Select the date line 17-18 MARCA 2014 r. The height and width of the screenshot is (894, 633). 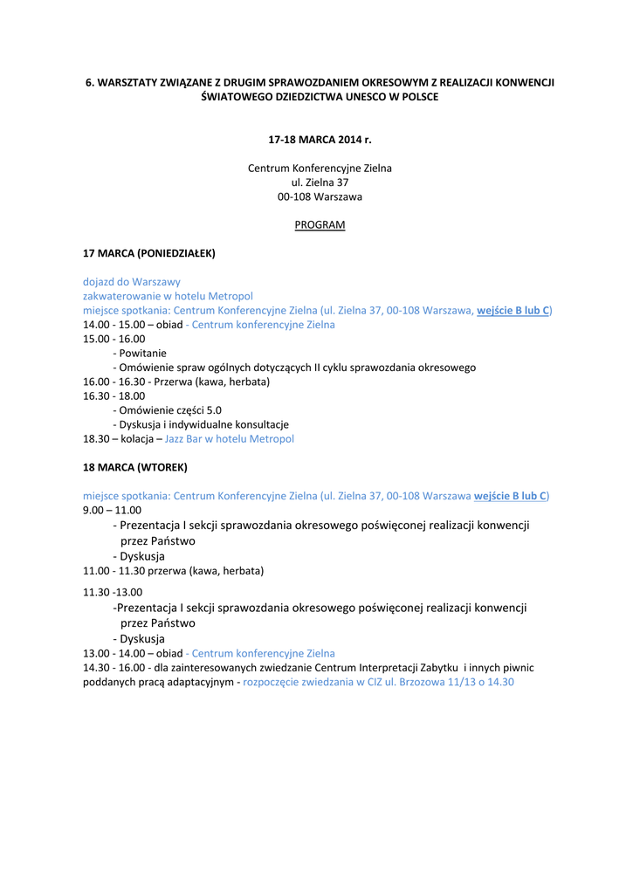tap(320, 139)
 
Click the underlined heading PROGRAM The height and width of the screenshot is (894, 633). tap(320, 224)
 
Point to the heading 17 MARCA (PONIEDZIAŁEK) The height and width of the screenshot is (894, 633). tap(148, 253)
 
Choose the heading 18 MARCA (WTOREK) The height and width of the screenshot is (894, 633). tap(134, 467)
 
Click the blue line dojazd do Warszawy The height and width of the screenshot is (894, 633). tap(132, 282)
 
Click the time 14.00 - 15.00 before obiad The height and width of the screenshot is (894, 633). tap(114, 325)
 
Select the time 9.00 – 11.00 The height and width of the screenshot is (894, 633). tap(112, 510)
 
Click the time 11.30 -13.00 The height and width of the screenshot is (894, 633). tap(112, 592)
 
